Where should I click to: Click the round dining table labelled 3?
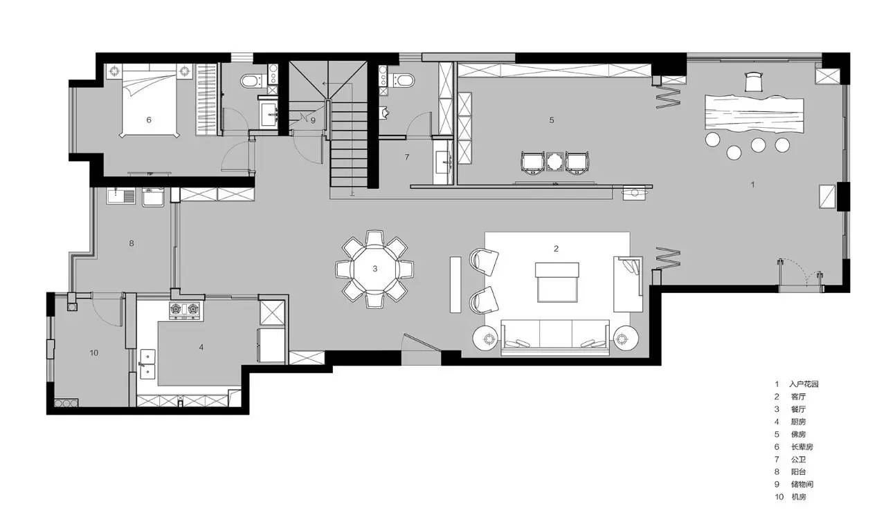[x=374, y=269]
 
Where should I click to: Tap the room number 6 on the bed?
[x=149, y=120]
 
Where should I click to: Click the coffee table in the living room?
[x=557, y=282]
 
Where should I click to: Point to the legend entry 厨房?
[x=799, y=422]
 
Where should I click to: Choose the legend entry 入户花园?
[x=804, y=384]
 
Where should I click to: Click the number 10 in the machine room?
[x=93, y=352]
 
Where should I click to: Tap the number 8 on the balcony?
[x=132, y=243]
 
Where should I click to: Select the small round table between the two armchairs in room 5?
[x=554, y=162]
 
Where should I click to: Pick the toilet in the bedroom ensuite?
[x=251, y=82]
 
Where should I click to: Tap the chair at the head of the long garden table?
[x=753, y=82]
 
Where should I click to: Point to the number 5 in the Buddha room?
[x=552, y=120]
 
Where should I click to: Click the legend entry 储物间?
[x=802, y=485]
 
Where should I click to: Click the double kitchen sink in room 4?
[x=147, y=364]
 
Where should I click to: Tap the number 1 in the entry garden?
[x=752, y=185]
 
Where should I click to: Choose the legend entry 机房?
[x=799, y=497]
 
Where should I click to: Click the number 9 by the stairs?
[x=313, y=120]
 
